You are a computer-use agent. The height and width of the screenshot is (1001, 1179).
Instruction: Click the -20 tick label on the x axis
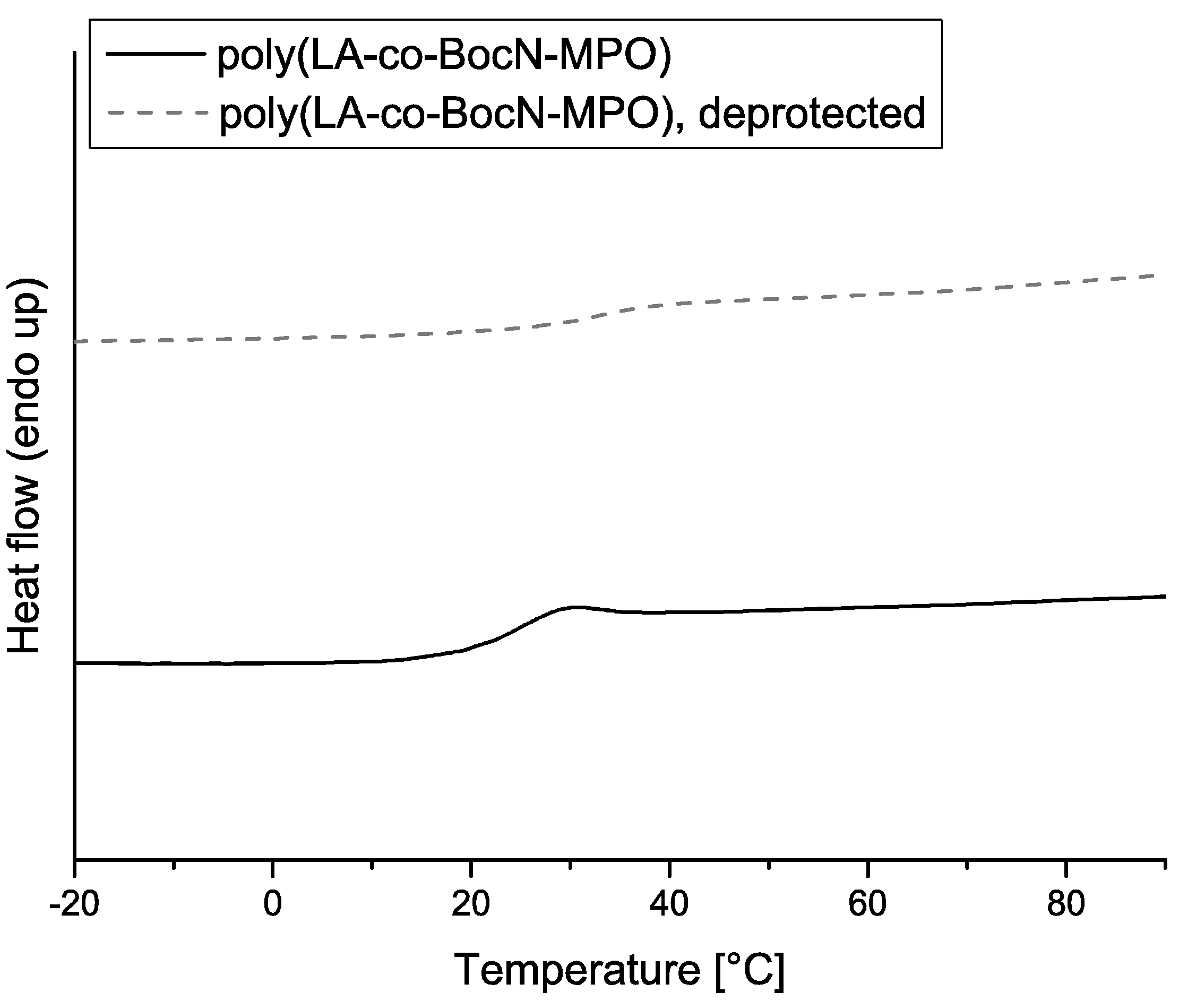pos(74,904)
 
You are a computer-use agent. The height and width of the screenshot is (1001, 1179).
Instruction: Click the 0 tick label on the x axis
pos(272,904)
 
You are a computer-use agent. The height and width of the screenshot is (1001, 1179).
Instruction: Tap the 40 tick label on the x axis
pos(669,904)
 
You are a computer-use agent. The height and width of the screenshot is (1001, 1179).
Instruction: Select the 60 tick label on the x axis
pos(867,904)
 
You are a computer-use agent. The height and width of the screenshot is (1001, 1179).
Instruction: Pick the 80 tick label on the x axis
pos(1065,904)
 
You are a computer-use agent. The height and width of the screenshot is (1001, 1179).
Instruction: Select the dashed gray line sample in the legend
pos(157,113)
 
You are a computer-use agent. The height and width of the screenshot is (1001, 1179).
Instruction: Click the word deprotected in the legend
pos(812,114)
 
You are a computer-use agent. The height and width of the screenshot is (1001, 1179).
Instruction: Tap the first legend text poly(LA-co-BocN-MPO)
pos(444,57)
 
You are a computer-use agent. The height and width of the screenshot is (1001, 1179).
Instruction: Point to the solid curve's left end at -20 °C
pos(76,662)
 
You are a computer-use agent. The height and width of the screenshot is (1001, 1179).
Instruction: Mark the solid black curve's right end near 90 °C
pos(1164,597)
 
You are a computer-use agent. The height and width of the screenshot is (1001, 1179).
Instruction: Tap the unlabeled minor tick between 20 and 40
pos(571,865)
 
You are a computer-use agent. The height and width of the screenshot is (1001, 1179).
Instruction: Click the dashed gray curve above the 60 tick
pos(867,295)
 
